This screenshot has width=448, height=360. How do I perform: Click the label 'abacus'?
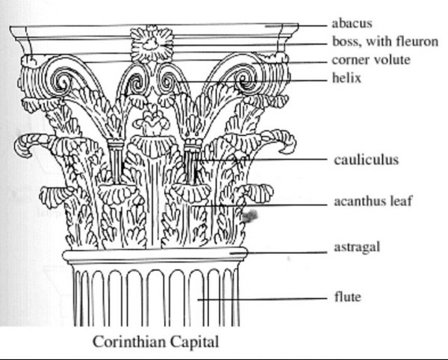tap(353, 23)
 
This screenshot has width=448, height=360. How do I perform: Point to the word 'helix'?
tap(347, 77)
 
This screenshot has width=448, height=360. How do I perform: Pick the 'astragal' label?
tap(357, 247)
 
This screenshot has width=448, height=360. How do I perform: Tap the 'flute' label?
tap(347, 297)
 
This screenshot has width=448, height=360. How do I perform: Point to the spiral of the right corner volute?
tap(245, 78)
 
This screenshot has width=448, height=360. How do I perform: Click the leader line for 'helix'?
tap(254, 78)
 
